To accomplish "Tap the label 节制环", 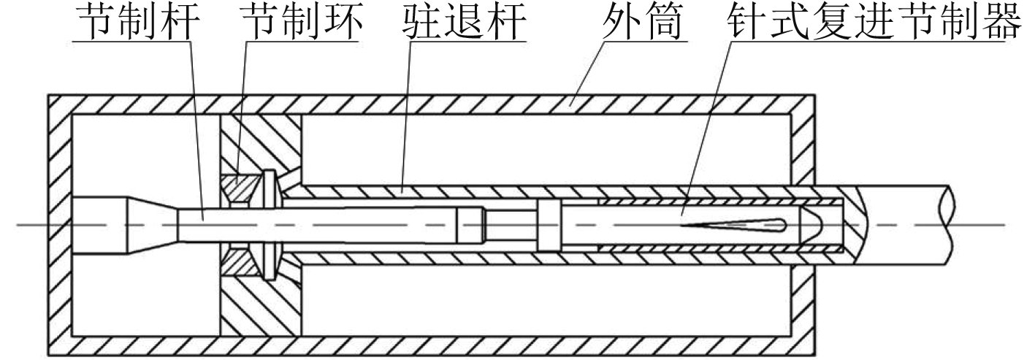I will (300, 23).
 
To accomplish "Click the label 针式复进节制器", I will (872, 23).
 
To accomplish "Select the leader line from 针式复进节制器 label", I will (709, 124).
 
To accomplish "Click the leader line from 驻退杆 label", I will (406, 110).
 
